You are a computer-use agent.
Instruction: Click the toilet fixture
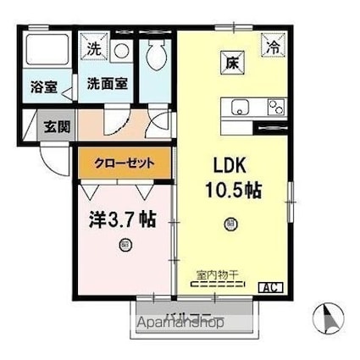(156, 54)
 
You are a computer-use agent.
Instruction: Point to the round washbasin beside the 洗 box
(121, 49)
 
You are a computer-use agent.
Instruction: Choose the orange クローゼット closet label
(124, 163)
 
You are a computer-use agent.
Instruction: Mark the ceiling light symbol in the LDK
(231, 224)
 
